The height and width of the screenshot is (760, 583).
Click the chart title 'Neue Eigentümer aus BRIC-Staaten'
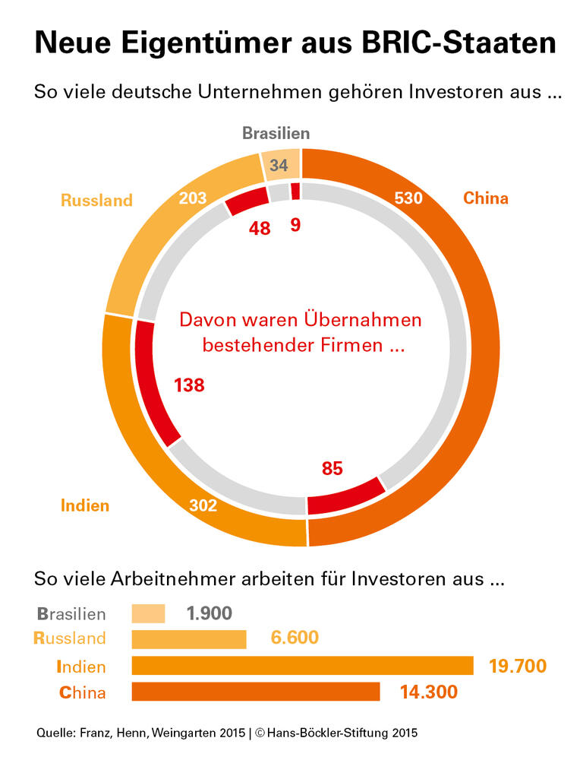click(295, 43)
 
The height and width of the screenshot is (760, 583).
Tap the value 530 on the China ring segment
click(408, 199)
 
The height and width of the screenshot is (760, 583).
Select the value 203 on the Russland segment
click(193, 199)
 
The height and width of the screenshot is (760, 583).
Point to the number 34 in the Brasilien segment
click(279, 165)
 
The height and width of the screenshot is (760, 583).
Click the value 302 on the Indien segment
click(203, 505)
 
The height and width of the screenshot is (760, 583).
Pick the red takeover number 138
click(189, 385)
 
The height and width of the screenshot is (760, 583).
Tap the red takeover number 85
click(332, 468)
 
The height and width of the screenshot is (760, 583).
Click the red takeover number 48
click(260, 228)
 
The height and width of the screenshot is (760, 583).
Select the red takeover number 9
click(296, 226)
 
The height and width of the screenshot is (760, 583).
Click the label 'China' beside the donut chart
click(486, 199)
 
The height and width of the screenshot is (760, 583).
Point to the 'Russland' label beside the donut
click(96, 201)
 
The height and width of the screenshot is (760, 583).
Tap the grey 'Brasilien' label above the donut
click(276, 134)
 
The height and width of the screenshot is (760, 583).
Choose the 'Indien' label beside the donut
click(85, 505)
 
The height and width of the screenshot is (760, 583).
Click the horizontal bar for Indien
click(302, 666)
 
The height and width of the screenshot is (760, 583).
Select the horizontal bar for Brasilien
click(148, 613)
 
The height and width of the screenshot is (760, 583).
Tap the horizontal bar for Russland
click(189, 639)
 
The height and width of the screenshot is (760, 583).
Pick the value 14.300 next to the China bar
click(428, 692)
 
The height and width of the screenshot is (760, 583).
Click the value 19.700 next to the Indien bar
click(518, 667)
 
